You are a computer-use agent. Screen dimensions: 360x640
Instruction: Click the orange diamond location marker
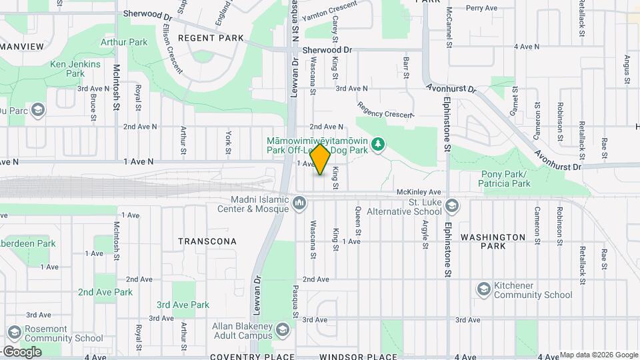coord(321,159)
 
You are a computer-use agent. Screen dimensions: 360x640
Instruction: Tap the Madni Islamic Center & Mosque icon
coord(300,202)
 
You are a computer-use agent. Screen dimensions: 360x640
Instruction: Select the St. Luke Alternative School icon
coord(453,207)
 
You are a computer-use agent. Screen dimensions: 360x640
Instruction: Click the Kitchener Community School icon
coord(484,289)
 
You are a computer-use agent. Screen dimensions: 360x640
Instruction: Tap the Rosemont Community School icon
coord(14,333)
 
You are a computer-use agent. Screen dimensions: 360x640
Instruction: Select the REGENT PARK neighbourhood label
coord(211,39)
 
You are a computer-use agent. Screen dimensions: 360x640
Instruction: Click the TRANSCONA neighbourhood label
coord(207,241)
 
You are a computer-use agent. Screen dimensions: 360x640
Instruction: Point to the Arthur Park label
coord(124,42)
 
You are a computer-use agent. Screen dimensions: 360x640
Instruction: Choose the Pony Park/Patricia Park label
coord(505,179)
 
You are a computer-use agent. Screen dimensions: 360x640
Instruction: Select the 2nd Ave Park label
coord(105,292)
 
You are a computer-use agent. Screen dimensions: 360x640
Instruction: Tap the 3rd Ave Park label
coord(183,305)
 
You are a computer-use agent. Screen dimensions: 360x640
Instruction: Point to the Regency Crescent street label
coord(385,110)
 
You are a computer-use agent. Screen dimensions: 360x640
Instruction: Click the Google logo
coord(22,351)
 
